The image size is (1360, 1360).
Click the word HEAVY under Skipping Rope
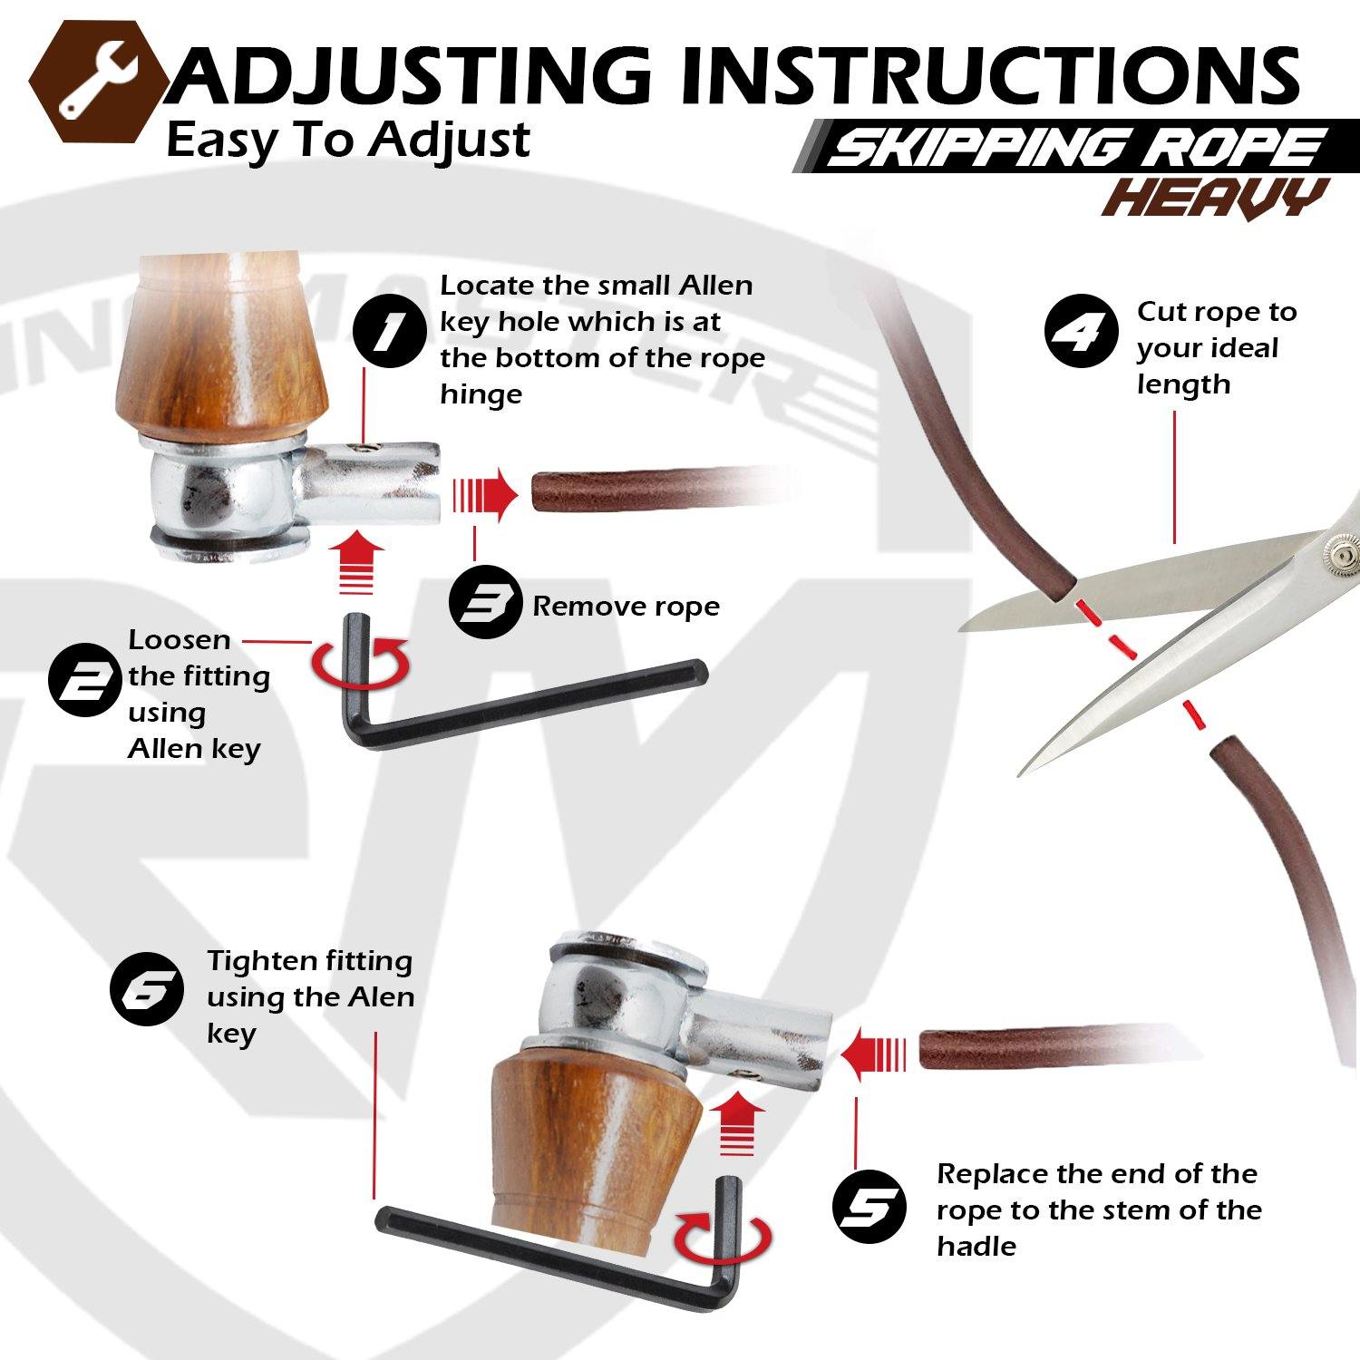click(x=1215, y=198)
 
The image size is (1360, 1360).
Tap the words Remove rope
click(x=626, y=606)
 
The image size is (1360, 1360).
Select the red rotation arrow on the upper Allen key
click(x=361, y=664)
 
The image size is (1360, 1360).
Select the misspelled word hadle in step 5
click(x=976, y=1246)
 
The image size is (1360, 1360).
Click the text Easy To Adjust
click(x=348, y=140)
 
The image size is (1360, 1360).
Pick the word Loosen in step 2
click(x=180, y=639)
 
